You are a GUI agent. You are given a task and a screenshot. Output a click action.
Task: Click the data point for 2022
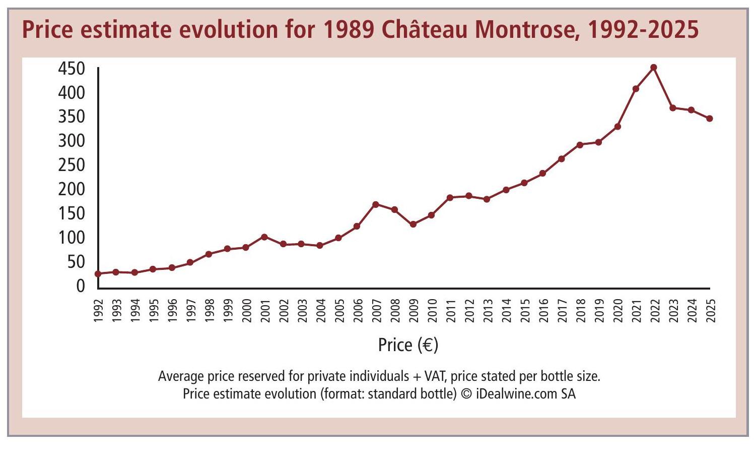tap(654, 68)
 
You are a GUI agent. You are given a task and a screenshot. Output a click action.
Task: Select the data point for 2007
tap(376, 204)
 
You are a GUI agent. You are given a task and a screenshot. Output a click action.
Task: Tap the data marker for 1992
tap(98, 274)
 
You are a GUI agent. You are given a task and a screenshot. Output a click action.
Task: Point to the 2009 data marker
tap(413, 224)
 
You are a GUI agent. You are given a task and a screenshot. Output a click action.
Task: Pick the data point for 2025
tap(710, 119)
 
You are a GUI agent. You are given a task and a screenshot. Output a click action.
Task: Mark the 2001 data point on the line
tap(264, 237)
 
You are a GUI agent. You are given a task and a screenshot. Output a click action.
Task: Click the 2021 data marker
tap(636, 89)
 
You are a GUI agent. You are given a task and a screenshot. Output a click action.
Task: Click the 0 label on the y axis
tap(81, 286)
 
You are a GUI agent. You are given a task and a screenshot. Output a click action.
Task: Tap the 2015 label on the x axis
tap(524, 310)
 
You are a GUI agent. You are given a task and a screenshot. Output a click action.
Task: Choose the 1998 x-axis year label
tap(209, 310)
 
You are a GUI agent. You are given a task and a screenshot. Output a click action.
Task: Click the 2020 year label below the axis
tap(617, 310)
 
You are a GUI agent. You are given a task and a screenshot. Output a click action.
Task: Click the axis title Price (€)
tap(408, 345)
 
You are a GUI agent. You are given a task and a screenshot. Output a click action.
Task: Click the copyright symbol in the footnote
tap(466, 393)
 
